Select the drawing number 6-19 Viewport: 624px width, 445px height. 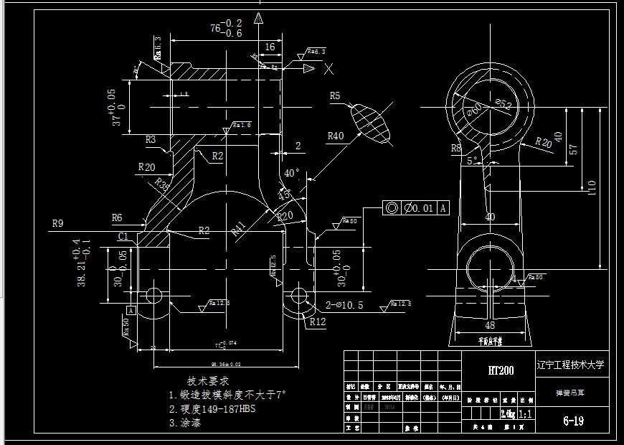[x=572, y=421]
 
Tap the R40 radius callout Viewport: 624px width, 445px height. [x=335, y=136]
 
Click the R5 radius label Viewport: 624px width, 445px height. [x=335, y=95]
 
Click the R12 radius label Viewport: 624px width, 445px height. [x=318, y=322]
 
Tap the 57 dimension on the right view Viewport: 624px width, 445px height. [x=572, y=150]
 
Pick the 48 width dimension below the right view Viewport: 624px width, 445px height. [x=490, y=324]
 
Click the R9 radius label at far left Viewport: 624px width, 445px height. [x=57, y=223]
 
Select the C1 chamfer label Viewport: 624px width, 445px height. [x=123, y=236]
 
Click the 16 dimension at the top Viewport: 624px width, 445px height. [x=270, y=47]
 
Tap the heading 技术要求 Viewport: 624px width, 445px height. [x=208, y=380]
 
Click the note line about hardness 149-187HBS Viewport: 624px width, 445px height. [x=212, y=408]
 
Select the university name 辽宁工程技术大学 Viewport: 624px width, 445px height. [x=571, y=365]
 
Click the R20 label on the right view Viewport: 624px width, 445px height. [x=543, y=141]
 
